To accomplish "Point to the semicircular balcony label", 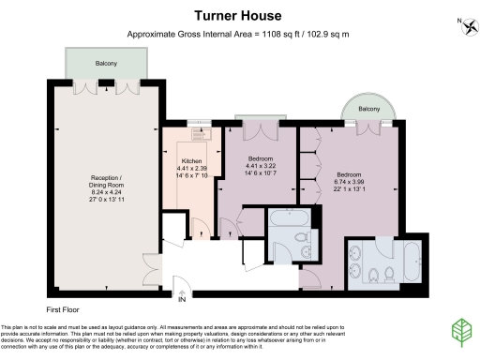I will (369, 110).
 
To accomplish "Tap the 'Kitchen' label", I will (192, 161).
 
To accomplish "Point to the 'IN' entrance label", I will (182, 300).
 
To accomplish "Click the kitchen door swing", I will (200, 228).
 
